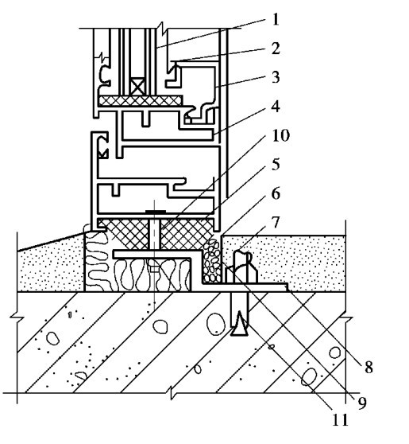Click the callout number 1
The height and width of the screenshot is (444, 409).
(276, 20)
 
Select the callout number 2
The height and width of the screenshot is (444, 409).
(276, 49)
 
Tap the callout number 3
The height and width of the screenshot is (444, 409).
(276, 77)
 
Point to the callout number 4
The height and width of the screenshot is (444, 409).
(276, 107)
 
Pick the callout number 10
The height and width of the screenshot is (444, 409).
(280, 135)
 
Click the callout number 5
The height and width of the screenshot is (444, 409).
(276, 164)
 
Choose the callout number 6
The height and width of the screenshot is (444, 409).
(276, 194)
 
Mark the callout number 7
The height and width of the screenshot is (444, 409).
(276, 223)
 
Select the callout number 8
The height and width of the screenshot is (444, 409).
(368, 368)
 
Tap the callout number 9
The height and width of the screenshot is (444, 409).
(362, 403)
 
